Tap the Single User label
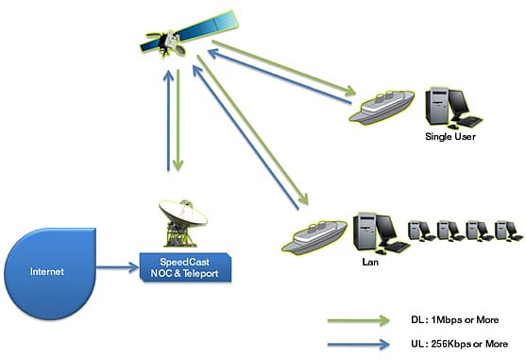tap(449, 137)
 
